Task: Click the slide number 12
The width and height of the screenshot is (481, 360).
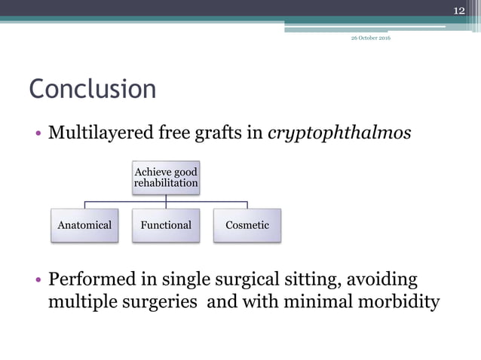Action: [x=458, y=9]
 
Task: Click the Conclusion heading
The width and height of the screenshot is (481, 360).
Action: [x=93, y=89]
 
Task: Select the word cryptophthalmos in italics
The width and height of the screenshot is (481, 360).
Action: [x=340, y=134]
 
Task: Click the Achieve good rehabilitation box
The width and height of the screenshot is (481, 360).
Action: [x=166, y=178]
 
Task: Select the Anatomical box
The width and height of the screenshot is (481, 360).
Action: [x=84, y=225]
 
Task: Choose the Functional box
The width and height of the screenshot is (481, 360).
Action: [x=166, y=225]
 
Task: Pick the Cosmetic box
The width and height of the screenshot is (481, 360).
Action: [x=247, y=225]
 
